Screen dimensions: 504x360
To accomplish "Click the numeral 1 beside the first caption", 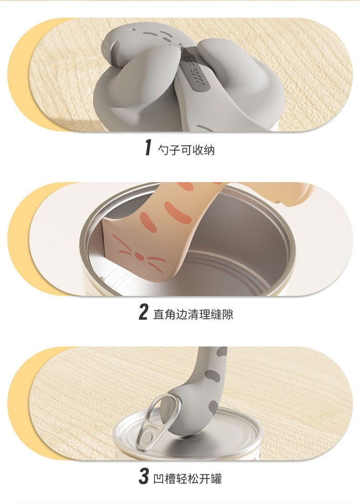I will [148, 148].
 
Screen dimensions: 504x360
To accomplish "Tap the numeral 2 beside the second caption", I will [143, 313].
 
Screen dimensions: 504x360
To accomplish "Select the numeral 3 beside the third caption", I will [144, 477].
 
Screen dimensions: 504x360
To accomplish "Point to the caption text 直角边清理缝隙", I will [193, 314].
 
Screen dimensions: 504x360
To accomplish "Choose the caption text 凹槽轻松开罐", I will [188, 478].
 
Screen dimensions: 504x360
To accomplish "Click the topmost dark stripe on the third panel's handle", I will [221, 351].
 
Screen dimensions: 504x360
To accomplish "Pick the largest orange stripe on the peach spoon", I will [177, 212].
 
